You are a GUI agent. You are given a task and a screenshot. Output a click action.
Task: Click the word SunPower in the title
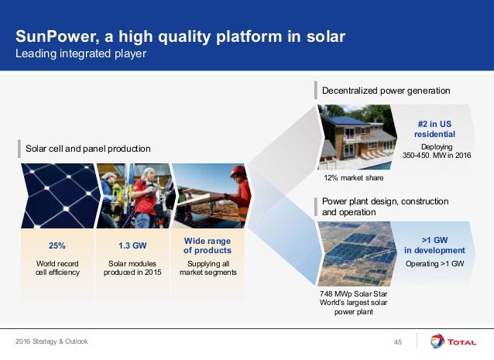tap(55, 36)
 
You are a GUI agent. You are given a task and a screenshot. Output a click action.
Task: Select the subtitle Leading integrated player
tap(81, 53)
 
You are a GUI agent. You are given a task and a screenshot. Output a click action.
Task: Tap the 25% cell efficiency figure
tap(57, 245)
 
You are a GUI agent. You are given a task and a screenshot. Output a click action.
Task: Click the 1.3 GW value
tap(132, 245)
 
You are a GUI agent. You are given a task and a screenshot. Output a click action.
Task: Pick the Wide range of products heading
tap(208, 245)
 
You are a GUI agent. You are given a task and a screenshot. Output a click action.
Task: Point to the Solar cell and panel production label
tap(88, 149)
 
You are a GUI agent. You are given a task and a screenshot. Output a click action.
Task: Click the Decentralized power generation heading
tap(386, 91)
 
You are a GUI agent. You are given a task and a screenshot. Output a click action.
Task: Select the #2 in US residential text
tap(434, 129)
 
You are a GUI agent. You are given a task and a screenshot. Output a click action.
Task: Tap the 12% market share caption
tap(354, 178)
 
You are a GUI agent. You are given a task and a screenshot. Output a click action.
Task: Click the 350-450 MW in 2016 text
tap(437, 156)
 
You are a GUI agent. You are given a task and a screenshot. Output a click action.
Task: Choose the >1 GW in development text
tap(435, 245)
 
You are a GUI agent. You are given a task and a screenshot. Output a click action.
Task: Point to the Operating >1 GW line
tap(435, 264)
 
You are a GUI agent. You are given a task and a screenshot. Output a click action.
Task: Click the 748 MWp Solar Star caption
tap(354, 294)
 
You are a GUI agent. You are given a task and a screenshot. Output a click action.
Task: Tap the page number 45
tap(398, 342)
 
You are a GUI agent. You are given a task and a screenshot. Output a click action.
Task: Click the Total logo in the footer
tap(454, 341)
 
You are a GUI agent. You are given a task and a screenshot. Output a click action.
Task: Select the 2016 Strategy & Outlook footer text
tap(52, 341)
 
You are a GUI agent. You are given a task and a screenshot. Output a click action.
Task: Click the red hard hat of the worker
tap(238, 171)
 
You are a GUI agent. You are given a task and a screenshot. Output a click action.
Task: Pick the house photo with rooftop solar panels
tap(357, 137)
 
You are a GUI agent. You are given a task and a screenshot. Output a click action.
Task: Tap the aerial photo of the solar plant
tap(357, 254)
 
